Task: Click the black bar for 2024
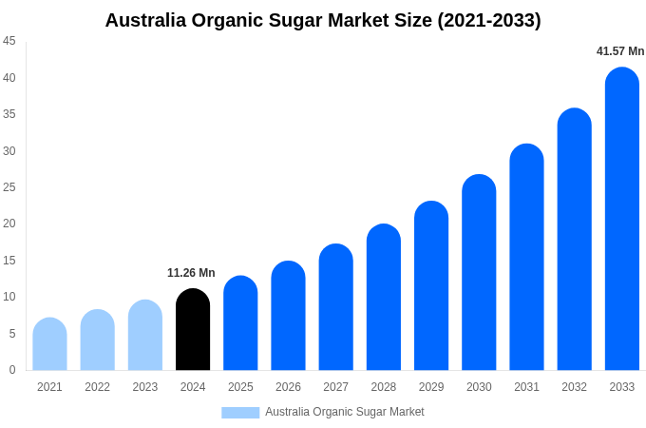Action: click(193, 330)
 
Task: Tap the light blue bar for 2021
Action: click(49, 344)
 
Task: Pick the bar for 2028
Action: click(384, 298)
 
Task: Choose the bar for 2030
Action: click(479, 273)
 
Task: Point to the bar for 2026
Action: click(288, 316)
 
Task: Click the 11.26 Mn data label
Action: click(191, 273)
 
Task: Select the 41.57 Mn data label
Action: click(620, 51)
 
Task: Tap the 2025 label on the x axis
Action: click(240, 387)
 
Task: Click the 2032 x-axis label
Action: click(574, 387)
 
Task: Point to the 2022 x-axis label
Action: click(97, 387)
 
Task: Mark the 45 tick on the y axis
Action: click(9, 41)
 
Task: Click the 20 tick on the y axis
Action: click(9, 224)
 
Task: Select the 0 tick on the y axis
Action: click(12, 370)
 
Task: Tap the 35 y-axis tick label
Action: click(9, 114)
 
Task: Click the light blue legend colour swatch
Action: click(240, 412)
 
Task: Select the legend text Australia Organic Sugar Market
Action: click(345, 412)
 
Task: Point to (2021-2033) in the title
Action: click(488, 20)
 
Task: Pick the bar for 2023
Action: click(145, 336)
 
